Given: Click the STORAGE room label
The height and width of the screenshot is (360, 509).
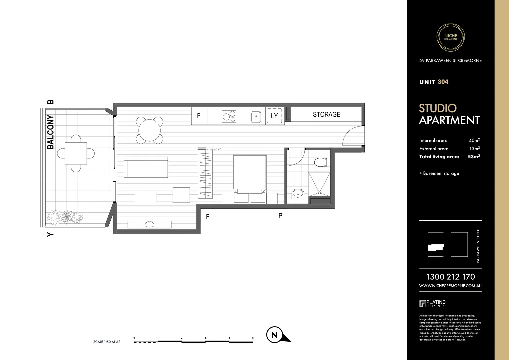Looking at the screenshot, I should click(x=326, y=115).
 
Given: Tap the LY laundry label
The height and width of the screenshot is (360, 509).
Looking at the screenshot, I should click(x=274, y=116).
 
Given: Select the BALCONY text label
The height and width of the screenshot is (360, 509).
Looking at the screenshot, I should click(x=50, y=132).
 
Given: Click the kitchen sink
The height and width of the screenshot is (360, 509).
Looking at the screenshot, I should click(x=256, y=117).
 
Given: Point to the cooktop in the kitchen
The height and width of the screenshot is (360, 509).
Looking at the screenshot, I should click(x=229, y=116).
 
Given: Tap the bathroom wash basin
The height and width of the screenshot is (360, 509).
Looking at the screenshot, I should click(x=298, y=194).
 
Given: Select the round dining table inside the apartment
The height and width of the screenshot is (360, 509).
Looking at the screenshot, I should click(x=150, y=130).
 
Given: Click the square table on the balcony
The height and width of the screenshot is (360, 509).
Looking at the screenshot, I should click(x=76, y=153).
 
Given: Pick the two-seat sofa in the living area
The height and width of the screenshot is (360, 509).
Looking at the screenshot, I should click(x=146, y=167).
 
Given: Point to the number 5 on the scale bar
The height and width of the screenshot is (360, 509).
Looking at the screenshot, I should click(x=253, y=338).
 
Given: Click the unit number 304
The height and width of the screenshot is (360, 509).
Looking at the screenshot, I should click(x=443, y=82).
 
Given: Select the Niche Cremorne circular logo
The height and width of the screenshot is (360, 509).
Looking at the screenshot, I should click(x=451, y=37).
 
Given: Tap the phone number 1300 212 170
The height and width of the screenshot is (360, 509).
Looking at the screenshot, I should click(x=450, y=277).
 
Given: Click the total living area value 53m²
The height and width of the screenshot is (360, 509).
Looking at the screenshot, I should click(x=474, y=157).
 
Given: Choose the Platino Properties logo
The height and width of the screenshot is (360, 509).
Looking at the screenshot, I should click(x=432, y=304).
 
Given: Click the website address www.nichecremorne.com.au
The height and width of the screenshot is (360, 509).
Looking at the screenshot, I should click(x=450, y=286).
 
